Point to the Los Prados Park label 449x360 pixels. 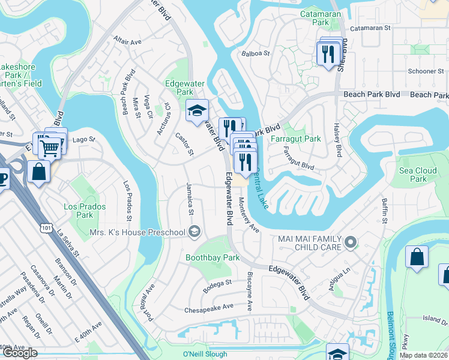[x=85, y=211]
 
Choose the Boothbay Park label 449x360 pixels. [x=212, y=258]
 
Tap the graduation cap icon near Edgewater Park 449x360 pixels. [x=196, y=110]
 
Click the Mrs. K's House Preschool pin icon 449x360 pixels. [x=194, y=232]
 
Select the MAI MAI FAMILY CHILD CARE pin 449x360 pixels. [x=351, y=242]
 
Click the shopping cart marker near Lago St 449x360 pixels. [x=50, y=145]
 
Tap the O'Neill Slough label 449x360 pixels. [x=205, y=354]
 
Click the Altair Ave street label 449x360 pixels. [x=127, y=42]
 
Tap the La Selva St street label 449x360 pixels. [x=68, y=241]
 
